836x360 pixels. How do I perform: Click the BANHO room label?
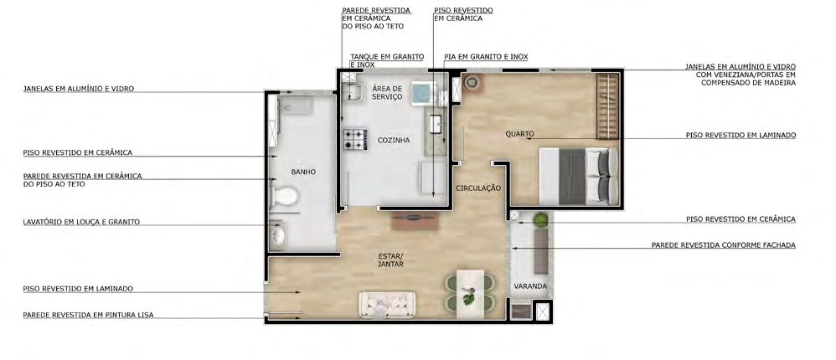tap(303, 172)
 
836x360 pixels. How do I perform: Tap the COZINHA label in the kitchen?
tap(394, 141)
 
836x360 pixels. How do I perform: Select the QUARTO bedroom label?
tap(519, 134)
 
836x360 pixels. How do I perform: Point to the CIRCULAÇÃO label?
tap(478, 188)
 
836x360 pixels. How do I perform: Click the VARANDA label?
tap(530, 286)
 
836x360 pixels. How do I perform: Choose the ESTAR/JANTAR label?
tap(391, 260)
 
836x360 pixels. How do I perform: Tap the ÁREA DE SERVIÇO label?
tap(387, 93)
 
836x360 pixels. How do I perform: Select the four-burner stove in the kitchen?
tap(355, 140)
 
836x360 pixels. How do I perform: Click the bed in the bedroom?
tap(579, 177)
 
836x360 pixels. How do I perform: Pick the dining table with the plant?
tap(470, 294)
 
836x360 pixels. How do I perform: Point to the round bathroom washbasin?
tap(277, 235)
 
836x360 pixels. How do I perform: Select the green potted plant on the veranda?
tap(540, 219)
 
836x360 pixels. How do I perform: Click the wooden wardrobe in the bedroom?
tap(607, 106)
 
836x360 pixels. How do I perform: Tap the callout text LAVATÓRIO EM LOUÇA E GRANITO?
tap(81, 222)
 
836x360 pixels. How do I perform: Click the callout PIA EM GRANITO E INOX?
tap(486, 57)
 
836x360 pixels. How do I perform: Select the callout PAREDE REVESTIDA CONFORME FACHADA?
tap(724, 245)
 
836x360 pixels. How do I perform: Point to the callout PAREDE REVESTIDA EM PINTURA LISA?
tap(88, 316)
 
